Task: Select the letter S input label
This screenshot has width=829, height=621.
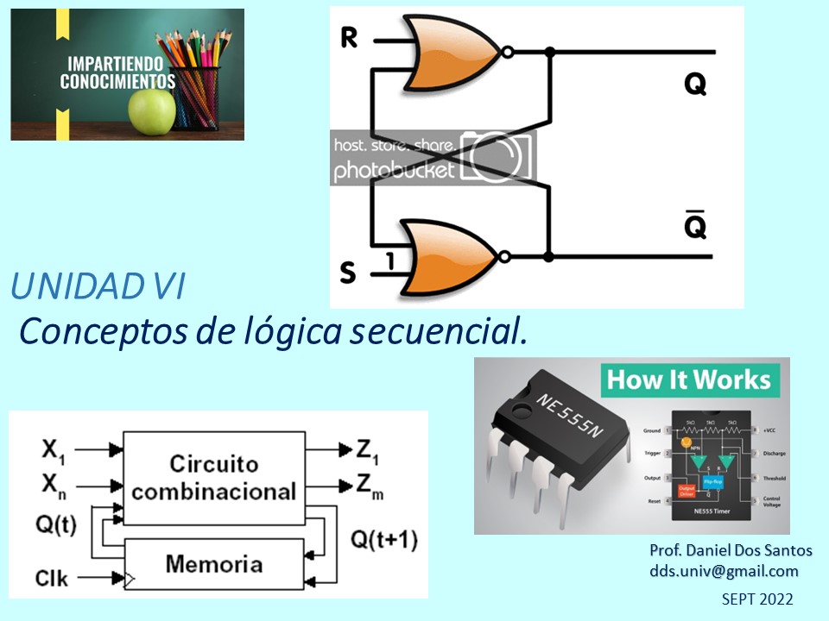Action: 347,273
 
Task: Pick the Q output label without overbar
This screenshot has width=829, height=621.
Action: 694,84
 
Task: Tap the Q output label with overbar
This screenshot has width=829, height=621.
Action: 694,226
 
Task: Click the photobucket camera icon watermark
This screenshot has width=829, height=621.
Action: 497,157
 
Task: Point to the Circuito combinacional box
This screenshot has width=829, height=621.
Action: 213,477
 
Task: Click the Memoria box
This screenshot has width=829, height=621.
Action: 213,565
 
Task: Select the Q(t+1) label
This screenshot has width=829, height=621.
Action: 383,541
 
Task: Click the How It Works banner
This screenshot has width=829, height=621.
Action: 687,380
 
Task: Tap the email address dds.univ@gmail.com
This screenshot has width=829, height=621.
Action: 724,571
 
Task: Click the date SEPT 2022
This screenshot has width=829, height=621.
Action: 756,599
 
